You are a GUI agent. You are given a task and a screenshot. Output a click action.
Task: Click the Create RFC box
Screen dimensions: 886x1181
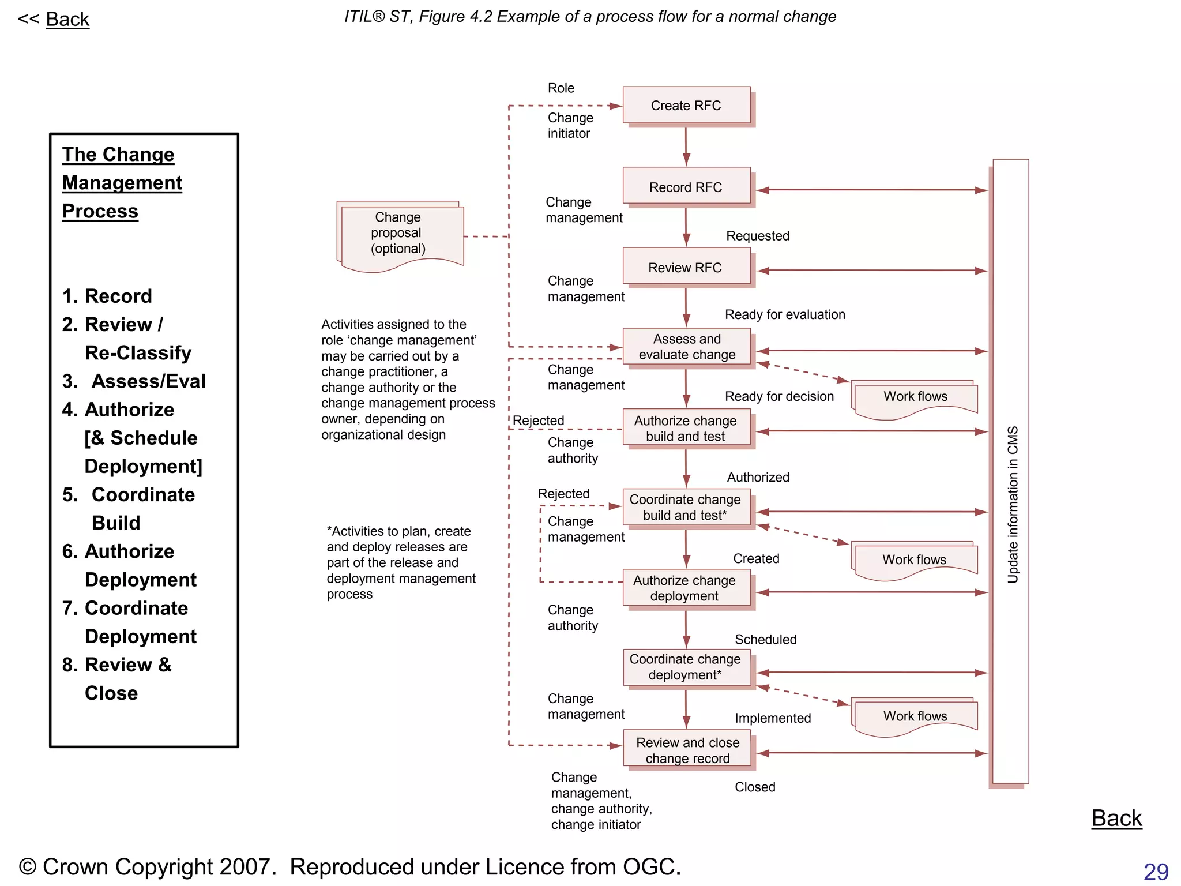click(x=686, y=106)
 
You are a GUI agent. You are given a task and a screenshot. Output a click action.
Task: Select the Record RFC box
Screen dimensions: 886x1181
click(x=686, y=187)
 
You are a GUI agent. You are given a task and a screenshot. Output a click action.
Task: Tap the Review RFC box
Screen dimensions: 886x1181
click(x=686, y=268)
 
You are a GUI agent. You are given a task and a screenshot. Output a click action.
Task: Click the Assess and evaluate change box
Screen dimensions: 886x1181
click(x=686, y=347)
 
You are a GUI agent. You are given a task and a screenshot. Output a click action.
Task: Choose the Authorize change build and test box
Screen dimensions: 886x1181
click(x=686, y=428)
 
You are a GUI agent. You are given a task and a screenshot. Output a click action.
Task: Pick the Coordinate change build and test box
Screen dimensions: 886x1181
click(x=686, y=507)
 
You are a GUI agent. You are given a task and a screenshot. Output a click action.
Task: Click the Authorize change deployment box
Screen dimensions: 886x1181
click(x=686, y=588)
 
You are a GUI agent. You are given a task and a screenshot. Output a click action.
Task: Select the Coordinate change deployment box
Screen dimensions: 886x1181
click(x=686, y=667)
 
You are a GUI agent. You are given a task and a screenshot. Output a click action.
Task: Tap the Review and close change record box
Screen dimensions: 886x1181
click(x=687, y=750)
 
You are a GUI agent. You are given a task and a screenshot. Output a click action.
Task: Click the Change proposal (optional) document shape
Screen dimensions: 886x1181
click(x=399, y=234)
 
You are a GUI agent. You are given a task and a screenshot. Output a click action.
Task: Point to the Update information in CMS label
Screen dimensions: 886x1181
click(x=1013, y=505)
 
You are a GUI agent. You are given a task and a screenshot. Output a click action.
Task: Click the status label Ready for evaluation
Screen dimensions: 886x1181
click(x=785, y=314)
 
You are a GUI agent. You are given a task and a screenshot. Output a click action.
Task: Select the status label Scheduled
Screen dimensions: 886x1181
click(x=765, y=639)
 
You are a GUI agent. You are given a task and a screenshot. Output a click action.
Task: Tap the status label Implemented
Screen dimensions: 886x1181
click(x=773, y=718)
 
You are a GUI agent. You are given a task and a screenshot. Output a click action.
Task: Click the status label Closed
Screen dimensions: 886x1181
click(x=755, y=787)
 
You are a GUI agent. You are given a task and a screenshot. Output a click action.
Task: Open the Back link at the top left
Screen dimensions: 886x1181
click(x=67, y=20)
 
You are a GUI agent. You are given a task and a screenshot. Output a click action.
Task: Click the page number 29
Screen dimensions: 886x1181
click(x=1156, y=871)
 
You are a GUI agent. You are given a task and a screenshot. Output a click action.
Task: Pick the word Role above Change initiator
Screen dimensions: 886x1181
click(x=561, y=88)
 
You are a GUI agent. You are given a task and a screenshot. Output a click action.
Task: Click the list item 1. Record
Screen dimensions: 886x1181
click(x=107, y=296)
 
